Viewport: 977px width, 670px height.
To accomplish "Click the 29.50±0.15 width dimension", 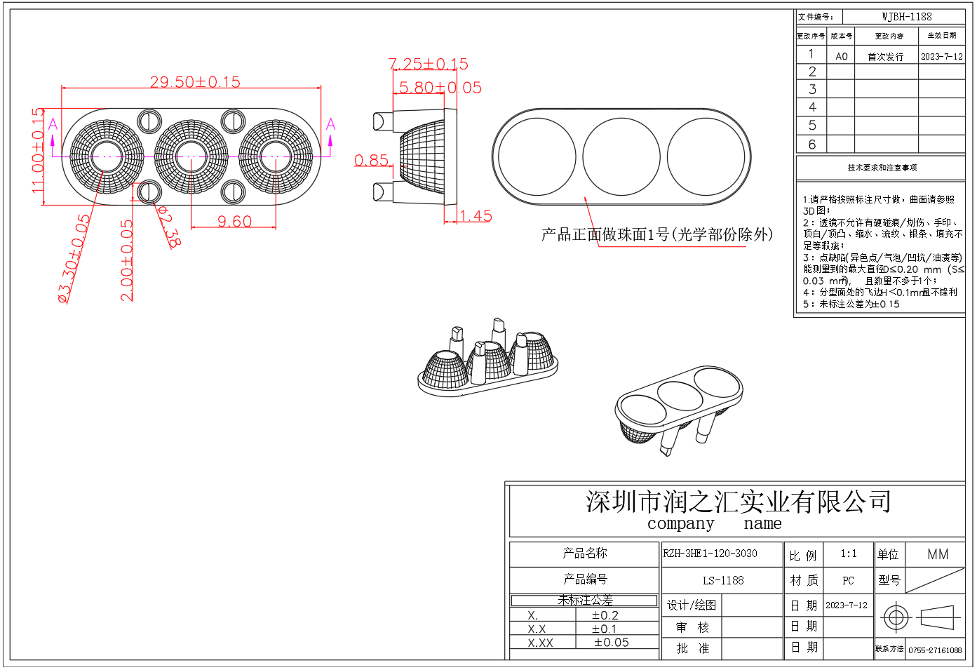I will [195, 82].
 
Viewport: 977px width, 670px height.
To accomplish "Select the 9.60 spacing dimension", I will [234, 222].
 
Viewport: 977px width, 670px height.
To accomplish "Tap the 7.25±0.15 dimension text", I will [429, 65].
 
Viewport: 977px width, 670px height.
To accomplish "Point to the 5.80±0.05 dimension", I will [440, 88].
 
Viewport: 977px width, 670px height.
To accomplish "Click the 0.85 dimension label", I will [371, 161].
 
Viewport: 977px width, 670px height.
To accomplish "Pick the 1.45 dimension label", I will [476, 216].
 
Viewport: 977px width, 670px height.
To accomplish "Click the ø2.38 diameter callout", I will [169, 227].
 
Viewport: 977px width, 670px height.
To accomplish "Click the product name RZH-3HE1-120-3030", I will [710, 554].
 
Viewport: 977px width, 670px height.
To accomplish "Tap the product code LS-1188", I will [723, 580].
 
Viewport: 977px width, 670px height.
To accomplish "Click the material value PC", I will [848, 580].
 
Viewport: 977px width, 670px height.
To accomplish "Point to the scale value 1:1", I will [848, 554].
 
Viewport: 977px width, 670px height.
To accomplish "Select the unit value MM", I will [937, 554].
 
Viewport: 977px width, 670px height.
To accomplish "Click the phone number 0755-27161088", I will [935, 650].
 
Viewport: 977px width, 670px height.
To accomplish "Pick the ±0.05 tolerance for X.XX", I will [611, 643].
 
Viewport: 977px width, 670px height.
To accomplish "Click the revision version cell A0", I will [841, 56].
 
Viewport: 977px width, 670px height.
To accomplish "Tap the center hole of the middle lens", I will [191, 156].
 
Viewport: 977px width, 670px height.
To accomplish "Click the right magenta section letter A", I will [330, 125].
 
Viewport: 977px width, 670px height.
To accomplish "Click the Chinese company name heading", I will [738, 502].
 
